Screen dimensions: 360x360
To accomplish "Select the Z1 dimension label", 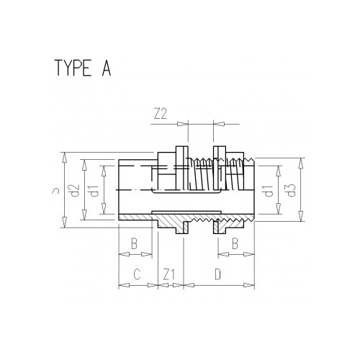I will tap(168, 274).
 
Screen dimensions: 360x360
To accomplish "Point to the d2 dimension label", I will tap(73, 191).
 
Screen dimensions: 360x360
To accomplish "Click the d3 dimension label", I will tap(291, 191).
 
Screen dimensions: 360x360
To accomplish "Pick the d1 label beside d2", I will tap(91, 191).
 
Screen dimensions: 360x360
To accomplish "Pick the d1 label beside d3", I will tap(267, 191).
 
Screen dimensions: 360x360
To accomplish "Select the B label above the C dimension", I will tap(134, 243).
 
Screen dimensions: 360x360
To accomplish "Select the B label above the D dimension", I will tap(235, 243).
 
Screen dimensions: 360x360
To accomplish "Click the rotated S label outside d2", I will tap(55, 191).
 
